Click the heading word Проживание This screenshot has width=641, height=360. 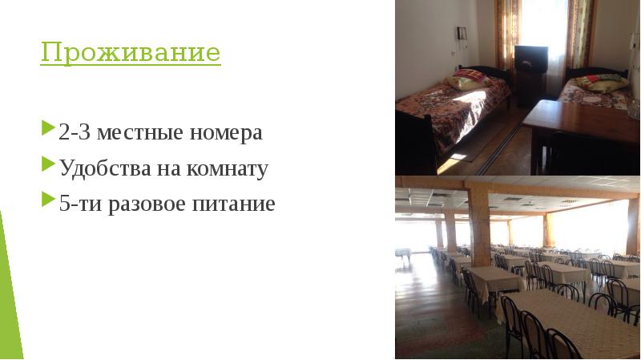click(x=131, y=54)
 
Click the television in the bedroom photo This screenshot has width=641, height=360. click(x=530, y=59)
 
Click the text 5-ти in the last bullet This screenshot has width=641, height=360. click(x=78, y=204)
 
